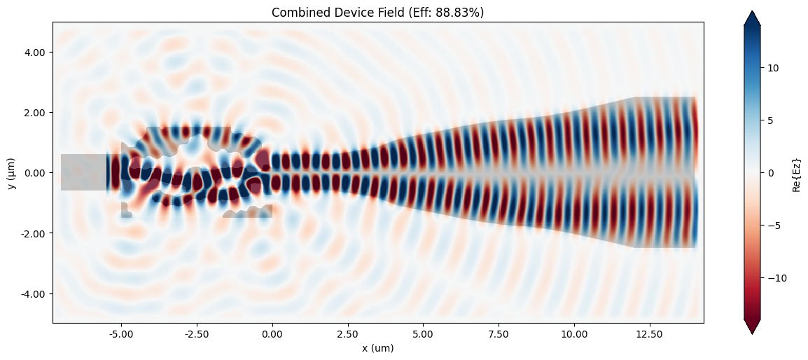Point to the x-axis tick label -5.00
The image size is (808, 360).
tap(121, 334)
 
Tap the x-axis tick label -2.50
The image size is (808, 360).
tap(196, 334)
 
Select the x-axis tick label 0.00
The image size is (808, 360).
tap(272, 334)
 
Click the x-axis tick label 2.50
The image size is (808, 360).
tap(347, 334)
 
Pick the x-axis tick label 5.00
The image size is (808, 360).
tap(423, 334)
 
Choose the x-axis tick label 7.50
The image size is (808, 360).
tap(499, 334)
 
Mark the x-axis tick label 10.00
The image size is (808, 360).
tap(574, 334)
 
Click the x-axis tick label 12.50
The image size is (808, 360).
tap(650, 334)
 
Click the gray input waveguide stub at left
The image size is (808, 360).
tap(83, 172)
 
